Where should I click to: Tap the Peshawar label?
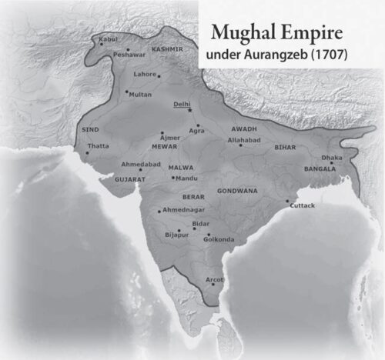[128, 55]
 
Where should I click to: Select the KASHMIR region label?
[167, 49]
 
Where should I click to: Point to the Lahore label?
[144, 75]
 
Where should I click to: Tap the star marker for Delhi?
[189, 110]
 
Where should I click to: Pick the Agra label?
[197, 132]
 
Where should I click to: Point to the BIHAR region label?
[285, 146]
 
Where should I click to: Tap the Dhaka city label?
[332, 158]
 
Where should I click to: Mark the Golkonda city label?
[219, 240]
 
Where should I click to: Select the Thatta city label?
[99, 145]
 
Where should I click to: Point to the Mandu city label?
[186, 178]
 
